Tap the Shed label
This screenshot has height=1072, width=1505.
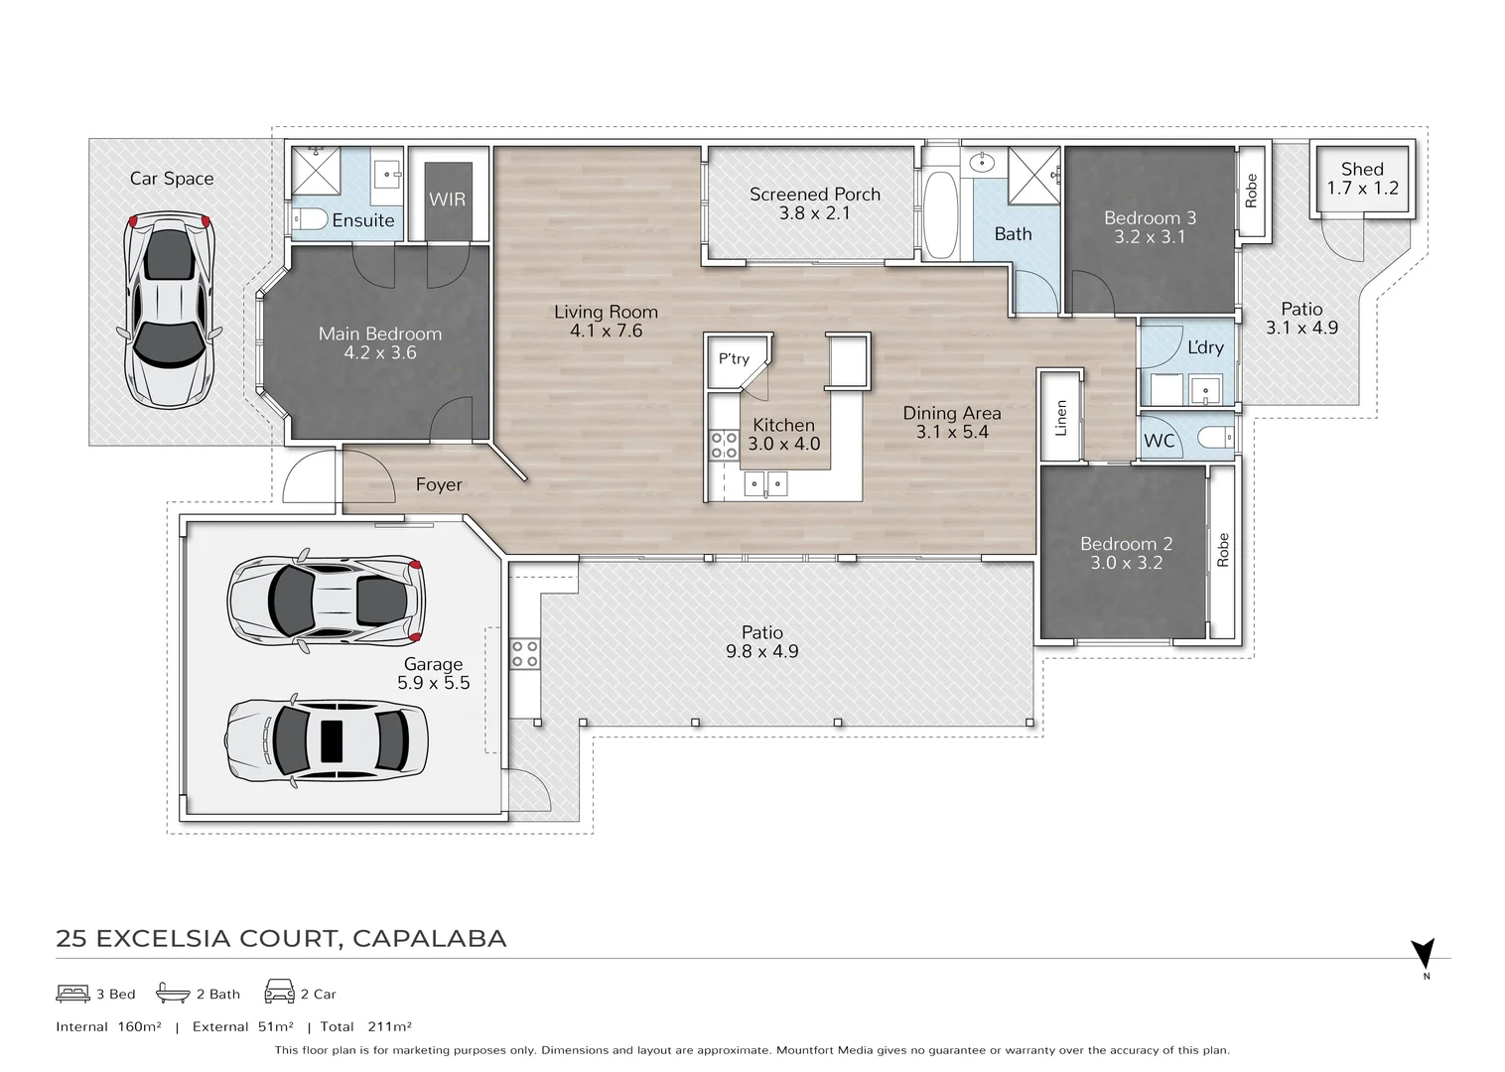[1361, 170]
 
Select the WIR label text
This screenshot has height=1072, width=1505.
[447, 200]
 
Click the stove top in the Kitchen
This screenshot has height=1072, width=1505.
[724, 445]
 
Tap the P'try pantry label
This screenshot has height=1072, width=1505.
[735, 359]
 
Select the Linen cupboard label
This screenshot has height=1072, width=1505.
[1060, 418]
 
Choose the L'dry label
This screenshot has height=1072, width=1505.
[1205, 347]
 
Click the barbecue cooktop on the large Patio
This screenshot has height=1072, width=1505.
[524, 653]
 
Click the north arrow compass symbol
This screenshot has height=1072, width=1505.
[1425, 955]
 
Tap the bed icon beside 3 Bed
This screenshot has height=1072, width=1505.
[72, 993]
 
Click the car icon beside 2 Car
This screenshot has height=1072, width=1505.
[279, 993]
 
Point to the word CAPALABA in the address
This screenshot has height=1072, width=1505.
[429, 938]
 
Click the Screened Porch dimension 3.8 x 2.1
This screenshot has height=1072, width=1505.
[814, 212]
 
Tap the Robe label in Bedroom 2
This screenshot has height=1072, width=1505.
[1223, 550]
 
